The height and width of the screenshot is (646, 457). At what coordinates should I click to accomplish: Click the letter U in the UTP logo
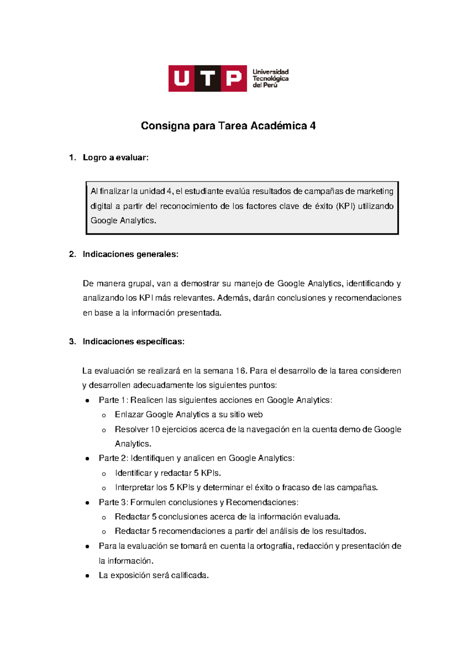[182, 78]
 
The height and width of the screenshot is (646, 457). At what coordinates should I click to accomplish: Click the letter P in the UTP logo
[233, 78]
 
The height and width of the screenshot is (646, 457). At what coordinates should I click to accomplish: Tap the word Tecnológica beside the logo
[270, 78]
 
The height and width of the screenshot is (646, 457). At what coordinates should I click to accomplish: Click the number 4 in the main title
[313, 126]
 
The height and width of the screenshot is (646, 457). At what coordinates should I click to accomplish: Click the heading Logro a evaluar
[115, 158]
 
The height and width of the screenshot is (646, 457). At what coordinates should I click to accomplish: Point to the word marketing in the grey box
[375, 191]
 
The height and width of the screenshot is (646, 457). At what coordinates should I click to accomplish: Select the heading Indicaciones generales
[130, 254]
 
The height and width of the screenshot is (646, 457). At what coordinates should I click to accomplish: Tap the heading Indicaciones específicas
[133, 342]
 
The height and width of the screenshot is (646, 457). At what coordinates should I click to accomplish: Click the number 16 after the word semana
[241, 371]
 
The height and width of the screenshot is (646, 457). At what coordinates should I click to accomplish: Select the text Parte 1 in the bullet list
[112, 400]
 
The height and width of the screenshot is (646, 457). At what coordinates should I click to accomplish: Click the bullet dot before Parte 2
[88, 459]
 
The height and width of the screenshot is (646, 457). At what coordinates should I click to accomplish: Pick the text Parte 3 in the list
[112, 502]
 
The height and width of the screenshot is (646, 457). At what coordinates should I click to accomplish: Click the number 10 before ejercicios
[155, 430]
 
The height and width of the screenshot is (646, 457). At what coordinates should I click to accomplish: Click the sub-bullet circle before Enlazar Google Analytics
[104, 416]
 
